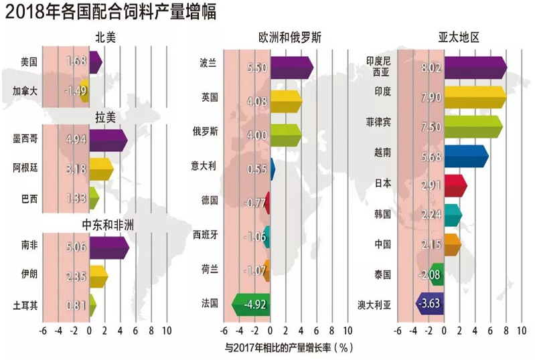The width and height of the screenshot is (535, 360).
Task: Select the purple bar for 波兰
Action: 292,67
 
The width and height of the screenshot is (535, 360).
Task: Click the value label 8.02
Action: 430,67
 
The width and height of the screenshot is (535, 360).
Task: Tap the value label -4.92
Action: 255,305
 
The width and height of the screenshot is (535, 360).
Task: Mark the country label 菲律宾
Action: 378,124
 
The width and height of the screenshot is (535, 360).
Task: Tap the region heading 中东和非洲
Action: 108,224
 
